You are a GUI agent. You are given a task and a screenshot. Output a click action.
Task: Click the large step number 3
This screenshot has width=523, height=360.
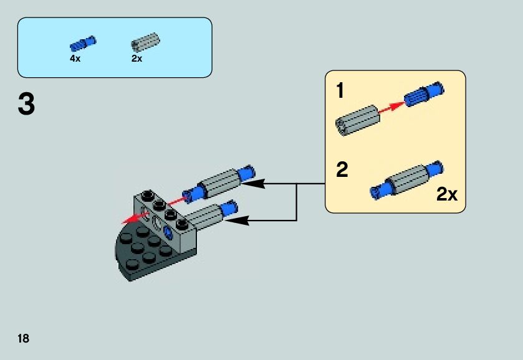pos(26,105)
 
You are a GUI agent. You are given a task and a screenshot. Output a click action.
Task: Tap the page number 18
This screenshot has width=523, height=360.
pos(24,339)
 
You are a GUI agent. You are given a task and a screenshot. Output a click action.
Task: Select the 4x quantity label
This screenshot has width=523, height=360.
pos(75,58)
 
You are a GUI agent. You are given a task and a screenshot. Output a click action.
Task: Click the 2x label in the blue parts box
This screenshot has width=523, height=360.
pos(137,58)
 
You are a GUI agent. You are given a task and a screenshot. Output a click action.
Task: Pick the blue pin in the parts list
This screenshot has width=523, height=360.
pos(82,43)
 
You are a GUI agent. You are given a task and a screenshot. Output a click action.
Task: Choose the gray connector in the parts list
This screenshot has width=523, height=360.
pos(145,42)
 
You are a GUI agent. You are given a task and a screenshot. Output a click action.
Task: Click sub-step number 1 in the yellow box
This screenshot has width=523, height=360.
pos(340,92)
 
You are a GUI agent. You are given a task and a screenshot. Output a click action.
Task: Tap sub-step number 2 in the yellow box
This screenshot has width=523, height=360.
pos(342,169)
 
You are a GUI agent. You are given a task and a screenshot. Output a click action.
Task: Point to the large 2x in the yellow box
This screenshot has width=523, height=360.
pos(446,194)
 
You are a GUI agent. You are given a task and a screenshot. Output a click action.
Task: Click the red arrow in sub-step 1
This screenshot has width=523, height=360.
pos(391,107)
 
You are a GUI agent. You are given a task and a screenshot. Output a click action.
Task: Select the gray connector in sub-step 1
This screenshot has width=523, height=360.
pos(357,118)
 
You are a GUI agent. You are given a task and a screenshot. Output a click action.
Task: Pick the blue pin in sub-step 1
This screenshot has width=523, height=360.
pos(423,93)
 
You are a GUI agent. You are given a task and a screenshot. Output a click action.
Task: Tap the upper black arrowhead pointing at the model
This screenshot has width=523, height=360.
pos(258,184)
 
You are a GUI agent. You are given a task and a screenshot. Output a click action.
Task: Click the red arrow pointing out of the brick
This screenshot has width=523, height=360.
pos(132,219)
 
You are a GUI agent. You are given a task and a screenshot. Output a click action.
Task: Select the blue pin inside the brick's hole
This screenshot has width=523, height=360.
pos(168,234)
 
